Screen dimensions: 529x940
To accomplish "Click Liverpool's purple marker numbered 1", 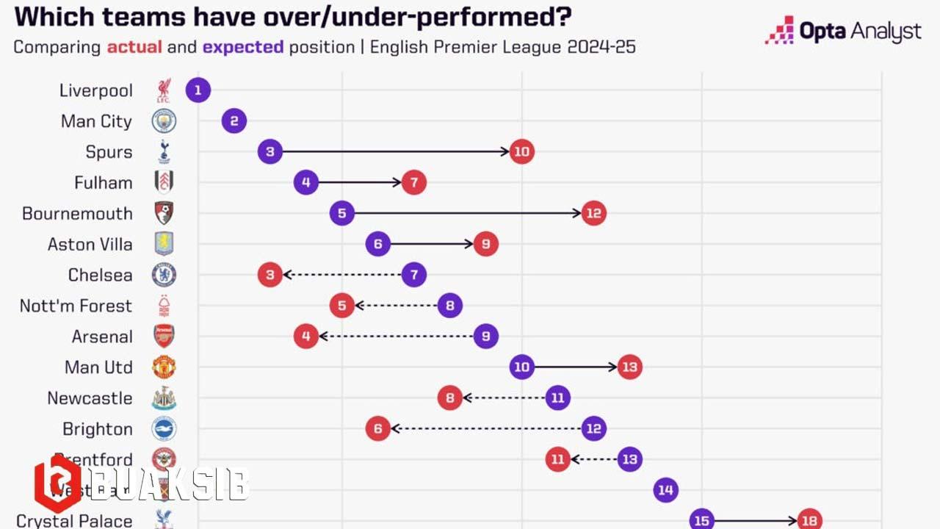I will pyautogui.click(x=198, y=90).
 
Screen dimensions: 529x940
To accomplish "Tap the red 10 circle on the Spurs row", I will pyautogui.click(x=521, y=152).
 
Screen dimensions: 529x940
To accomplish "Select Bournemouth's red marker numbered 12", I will pyautogui.click(x=593, y=214).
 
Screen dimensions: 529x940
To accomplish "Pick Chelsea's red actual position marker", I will pyautogui.click(x=270, y=275).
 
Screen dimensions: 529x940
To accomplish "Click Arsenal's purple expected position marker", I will pyautogui.click(x=485, y=337).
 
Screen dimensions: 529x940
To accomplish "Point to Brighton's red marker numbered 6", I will pyautogui.click(x=377, y=429).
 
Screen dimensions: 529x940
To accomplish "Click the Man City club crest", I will pyautogui.click(x=164, y=121).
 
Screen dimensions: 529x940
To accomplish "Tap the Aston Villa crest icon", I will pyautogui.click(x=164, y=244).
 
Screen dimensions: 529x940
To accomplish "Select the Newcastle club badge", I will pyautogui.click(x=164, y=398).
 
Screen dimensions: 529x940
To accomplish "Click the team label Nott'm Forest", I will pyautogui.click(x=76, y=306).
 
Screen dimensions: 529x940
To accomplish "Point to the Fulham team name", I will pyautogui.click(x=104, y=183).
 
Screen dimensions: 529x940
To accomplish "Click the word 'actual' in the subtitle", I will pyautogui.click(x=134, y=48).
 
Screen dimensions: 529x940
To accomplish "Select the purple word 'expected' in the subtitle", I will pyautogui.click(x=243, y=48).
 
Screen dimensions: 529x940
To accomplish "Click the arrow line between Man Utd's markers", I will pyautogui.click(x=576, y=367).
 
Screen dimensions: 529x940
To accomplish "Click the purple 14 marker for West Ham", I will pyautogui.click(x=665, y=490).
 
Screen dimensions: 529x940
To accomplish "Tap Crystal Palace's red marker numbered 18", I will pyautogui.click(x=809, y=520).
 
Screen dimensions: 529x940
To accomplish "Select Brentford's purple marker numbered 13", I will pyautogui.click(x=629, y=460).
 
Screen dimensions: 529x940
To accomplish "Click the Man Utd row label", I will pyautogui.click(x=98, y=367).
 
